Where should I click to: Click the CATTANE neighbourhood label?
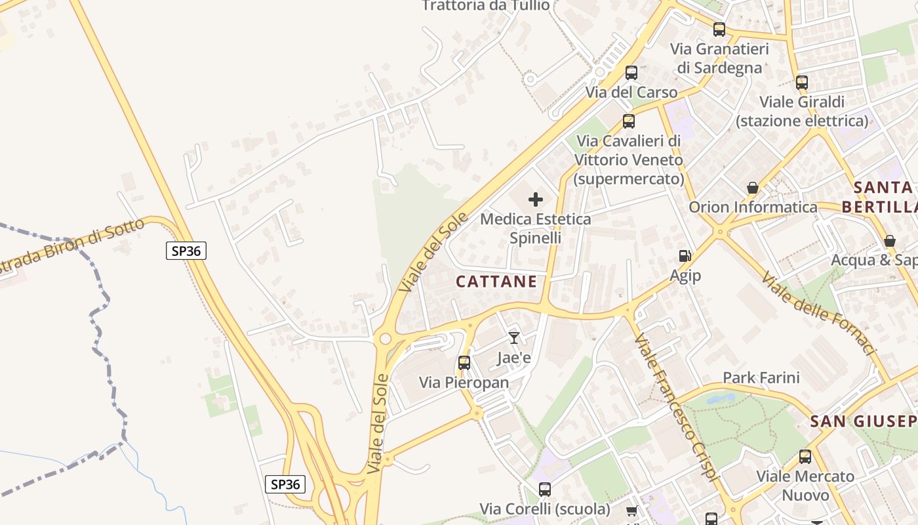coord(496,282)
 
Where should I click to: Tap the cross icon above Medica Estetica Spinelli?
coord(536,199)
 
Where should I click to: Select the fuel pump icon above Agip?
coord(685,256)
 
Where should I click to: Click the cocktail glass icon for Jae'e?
coord(514,338)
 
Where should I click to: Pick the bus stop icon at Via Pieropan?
coord(464,362)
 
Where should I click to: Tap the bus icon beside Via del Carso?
coord(631,73)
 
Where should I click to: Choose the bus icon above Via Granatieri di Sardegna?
coord(719,29)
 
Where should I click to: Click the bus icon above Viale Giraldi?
coord(802,83)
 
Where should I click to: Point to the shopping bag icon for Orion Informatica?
coord(753,188)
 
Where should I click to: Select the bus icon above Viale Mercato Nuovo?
coord(805,457)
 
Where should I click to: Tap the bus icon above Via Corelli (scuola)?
coord(545,489)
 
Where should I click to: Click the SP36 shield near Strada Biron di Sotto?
coord(186,250)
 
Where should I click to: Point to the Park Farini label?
coord(761,377)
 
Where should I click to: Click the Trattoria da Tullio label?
coord(486,6)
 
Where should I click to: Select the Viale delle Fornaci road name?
coord(819,313)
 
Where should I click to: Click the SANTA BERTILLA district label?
coord(883,197)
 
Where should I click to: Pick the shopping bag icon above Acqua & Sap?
coord(890,241)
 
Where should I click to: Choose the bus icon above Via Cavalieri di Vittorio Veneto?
coord(629,121)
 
